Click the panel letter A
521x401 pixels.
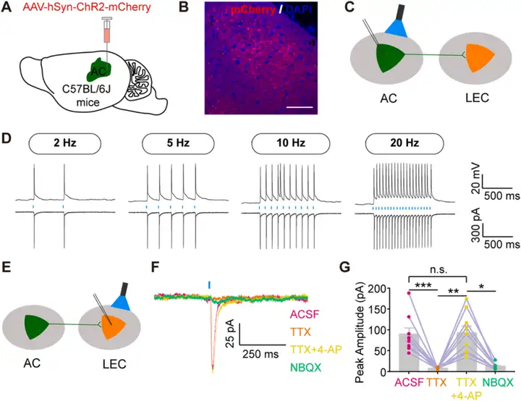pyautogui.click(x=8, y=9)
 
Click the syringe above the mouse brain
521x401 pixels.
pyautogui.click(x=106, y=36)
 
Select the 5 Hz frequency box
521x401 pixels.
pyautogui.click(x=166, y=143)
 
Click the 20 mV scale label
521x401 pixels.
pyautogui.click(x=500, y=175)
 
